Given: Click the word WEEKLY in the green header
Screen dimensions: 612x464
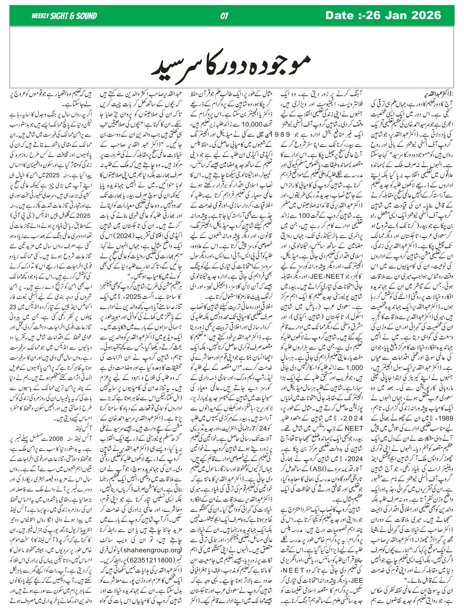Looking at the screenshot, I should pyautogui.click(x=40, y=16).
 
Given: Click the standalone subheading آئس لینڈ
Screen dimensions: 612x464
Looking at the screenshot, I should pyautogui.click(x=73, y=428).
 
